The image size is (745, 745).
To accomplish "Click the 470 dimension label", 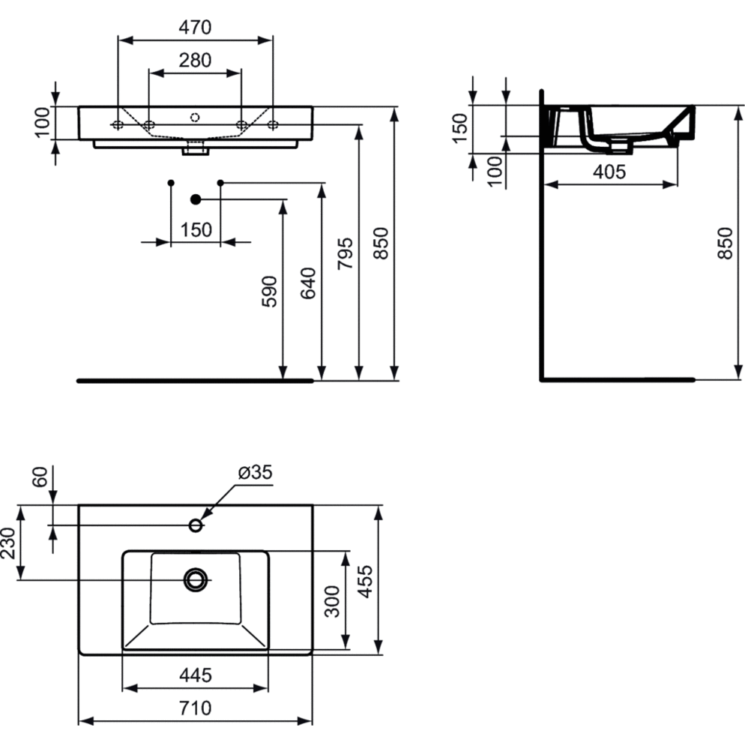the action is coord(195,28).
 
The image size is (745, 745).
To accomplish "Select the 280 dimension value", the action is coord(195,61).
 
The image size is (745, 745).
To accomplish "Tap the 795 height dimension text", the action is coord(346,254).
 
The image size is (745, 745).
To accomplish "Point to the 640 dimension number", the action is coord(308,283).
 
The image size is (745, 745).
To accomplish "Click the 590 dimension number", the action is coord(270,292).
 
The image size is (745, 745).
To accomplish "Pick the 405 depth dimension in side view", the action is coord(609,172).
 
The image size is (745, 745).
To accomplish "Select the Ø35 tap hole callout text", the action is coord(255,472).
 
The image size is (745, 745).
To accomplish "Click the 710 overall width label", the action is coord(196,708).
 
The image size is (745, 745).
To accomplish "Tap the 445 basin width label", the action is coord(196,675).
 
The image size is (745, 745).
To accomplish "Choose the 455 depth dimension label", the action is coord(365,581).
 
